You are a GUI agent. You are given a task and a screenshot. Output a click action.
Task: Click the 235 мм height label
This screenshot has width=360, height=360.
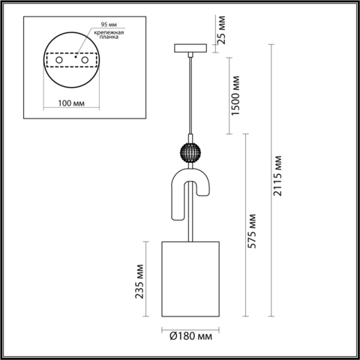point(138,280)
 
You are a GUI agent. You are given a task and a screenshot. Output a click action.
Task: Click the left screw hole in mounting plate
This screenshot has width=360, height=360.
point(55,59)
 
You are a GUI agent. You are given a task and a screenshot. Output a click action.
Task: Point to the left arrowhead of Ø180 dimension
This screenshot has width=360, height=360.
point(164,326)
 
